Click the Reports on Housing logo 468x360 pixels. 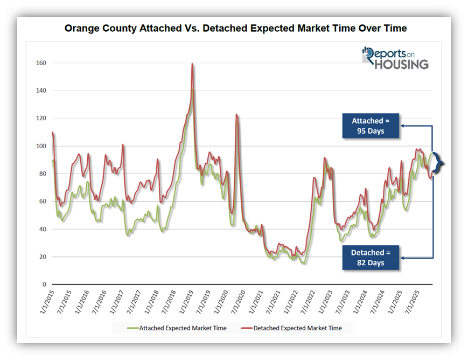(x=396, y=58)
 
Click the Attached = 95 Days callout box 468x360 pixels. (x=371, y=126)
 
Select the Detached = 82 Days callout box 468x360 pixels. (x=371, y=257)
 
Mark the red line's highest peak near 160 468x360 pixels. (x=192, y=64)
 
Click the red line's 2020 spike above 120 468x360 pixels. (x=236, y=115)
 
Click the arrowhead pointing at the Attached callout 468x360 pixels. (x=402, y=126)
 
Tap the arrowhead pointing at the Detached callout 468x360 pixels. (x=402, y=258)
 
